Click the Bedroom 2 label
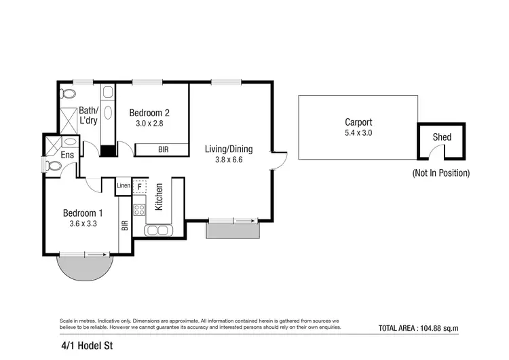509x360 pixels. coord(149,113)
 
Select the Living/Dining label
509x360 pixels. coord(229,149)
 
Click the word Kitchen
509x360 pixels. coord(158,197)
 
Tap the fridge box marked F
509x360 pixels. coord(140,185)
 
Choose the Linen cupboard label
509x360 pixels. coord(124,185)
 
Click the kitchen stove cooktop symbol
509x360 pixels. coord(139,209)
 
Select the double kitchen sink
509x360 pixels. coord(157,230)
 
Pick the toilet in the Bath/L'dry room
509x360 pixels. coord(67,94)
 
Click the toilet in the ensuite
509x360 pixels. coord(54,165)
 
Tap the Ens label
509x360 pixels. coord(67,156)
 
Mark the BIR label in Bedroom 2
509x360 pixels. coord(164,149)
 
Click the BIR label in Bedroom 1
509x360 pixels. coord(124,226)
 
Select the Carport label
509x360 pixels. coord(358,122)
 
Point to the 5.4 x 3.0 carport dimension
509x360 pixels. coord(358,133)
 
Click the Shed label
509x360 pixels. coord(442,137)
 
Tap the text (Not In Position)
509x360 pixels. coord(441,173)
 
